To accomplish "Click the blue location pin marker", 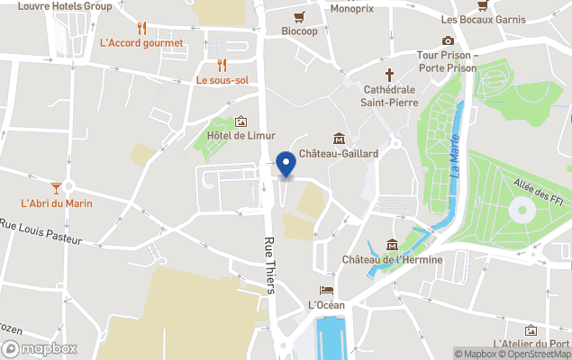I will pos(286,165).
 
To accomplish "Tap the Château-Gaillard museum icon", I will pos(338,138).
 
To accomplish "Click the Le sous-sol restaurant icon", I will pos(222,65).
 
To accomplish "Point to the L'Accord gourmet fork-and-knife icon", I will pos(141,28).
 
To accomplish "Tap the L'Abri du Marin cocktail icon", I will pos(56,187).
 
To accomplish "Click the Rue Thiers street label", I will pos(269,264).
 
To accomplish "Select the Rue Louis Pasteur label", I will pos(41,231).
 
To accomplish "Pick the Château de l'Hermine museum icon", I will pos(392,245).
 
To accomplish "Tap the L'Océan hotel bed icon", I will pos(326,290).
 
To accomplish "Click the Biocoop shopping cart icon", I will pos(298,16).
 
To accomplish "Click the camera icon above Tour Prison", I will pos(448,40).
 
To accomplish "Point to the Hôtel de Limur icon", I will pos(241,121).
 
